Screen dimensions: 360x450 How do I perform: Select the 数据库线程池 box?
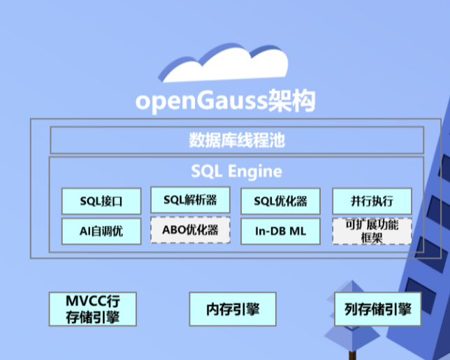[236, 141]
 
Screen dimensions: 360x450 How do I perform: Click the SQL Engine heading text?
[236, 171]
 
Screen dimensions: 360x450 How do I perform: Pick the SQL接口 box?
[101, 201]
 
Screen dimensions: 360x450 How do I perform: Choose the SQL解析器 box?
[190, 200]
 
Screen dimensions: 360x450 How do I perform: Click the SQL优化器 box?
[280, 201]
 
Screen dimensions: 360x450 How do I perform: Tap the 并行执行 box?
[371, 201]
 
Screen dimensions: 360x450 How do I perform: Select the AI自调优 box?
[101, 231]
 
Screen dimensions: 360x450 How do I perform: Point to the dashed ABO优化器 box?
[190, 230]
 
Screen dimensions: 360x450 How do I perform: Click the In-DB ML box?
[280, 231]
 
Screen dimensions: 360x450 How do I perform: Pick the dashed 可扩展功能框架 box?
[371, 231]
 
